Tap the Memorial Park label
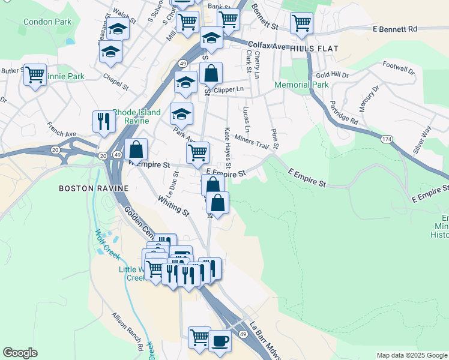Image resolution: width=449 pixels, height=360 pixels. tap(301, 85)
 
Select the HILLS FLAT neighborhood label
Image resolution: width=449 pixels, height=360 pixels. tap(314, 48)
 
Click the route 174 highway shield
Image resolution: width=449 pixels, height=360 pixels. tap(385, 139)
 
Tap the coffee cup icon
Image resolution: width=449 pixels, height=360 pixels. tap(219, 340)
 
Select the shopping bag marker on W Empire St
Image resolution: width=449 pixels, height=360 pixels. tap(136, 149)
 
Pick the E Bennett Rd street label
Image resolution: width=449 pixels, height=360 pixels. tap(394, 29)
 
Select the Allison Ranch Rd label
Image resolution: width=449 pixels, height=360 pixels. tap(128, 332)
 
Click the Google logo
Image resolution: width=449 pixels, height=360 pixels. tap(20, 353)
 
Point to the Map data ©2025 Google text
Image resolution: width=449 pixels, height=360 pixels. tap(411, 355)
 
